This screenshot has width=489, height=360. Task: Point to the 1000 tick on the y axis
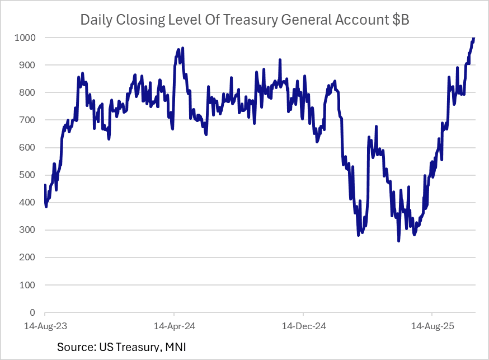coord(25,38)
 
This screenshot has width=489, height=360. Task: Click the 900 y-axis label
coord(27,65)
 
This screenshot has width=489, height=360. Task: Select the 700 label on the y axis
coord(27,120)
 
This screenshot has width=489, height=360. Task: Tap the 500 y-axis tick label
coord(27,175)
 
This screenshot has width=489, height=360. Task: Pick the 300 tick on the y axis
coord(27,230)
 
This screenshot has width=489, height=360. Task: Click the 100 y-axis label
coord(27,285)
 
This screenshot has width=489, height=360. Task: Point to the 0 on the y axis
coord(32,312)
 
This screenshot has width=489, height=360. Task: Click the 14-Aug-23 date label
coord(44,325)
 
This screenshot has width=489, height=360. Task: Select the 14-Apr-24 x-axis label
coord(174,325)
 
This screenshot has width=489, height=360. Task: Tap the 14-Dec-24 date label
coord(303,325)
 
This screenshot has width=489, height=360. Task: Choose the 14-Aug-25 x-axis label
coord(431,325)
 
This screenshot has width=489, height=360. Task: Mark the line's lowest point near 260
coord(398,241)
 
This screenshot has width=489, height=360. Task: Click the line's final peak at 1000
coord(474,38)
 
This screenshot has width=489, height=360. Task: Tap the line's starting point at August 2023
coord(45,185)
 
